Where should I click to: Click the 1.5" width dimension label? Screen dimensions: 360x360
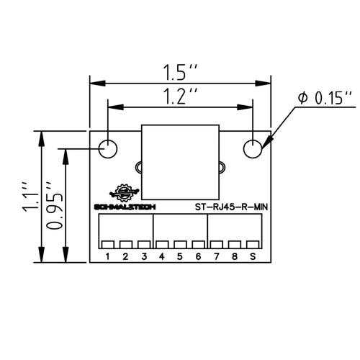click(180, 72)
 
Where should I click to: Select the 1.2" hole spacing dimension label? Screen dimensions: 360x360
click(180, 96)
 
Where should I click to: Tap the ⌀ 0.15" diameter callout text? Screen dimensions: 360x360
click(325, 98)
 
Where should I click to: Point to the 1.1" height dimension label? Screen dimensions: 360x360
click(30, 197)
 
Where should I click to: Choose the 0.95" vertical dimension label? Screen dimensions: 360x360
click(54, 206)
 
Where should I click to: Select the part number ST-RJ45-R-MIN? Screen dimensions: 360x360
click(231, 207)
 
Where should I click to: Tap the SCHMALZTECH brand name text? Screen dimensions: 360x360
click(125, 207)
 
